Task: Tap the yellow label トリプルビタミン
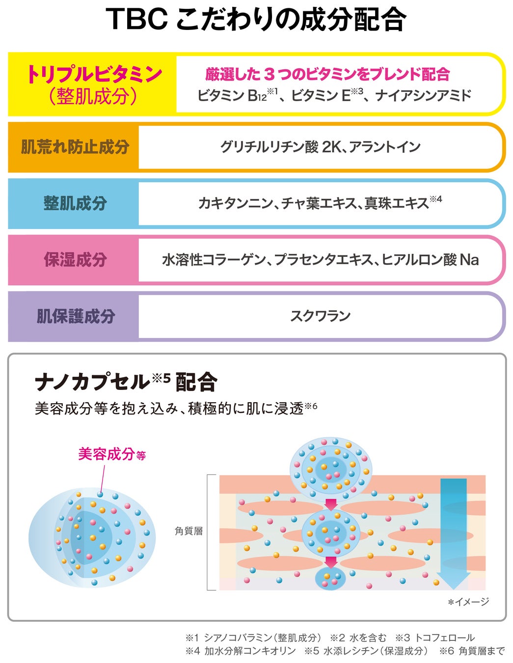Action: [94, 74]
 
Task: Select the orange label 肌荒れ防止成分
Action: [75, 147]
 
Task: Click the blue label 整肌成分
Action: [75, 203]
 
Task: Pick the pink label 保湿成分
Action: [75, 260]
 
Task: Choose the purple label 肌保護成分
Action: [75, 316]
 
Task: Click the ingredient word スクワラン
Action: [320, 316]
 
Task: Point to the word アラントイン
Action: [385, 147]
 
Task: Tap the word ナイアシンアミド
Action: [423, 95]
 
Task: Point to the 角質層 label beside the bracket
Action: [189, 531]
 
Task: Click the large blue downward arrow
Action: [453, 533]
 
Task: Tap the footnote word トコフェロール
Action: [444, 637]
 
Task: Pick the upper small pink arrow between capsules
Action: [331, 504]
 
